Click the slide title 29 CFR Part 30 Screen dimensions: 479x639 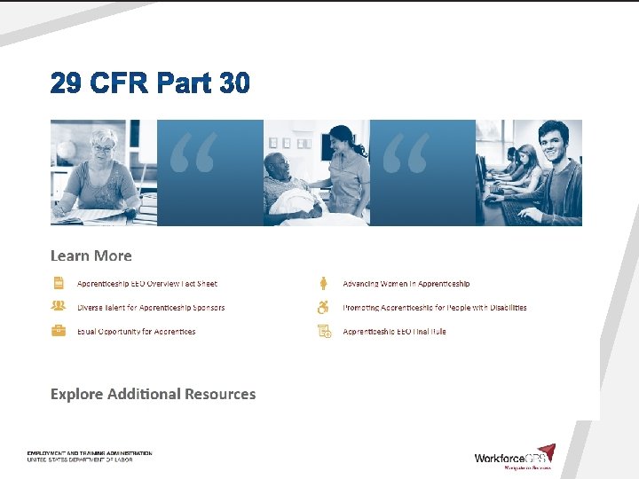150,84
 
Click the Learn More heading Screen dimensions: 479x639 91,255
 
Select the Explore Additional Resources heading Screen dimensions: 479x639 153,394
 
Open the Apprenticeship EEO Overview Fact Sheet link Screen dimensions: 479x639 147,284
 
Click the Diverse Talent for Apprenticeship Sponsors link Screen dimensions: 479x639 151,308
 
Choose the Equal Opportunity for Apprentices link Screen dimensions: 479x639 137,332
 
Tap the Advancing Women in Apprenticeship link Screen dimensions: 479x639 406,284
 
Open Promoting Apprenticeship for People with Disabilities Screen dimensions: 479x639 435,308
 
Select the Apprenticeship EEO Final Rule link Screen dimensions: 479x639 395,332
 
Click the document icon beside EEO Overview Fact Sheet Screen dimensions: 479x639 59,283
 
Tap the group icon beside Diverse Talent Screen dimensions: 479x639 59,307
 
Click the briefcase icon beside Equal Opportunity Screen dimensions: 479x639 59,331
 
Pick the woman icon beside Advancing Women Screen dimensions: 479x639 325,283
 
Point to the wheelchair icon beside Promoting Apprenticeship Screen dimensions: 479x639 325,308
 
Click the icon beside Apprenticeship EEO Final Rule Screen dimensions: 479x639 325,332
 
